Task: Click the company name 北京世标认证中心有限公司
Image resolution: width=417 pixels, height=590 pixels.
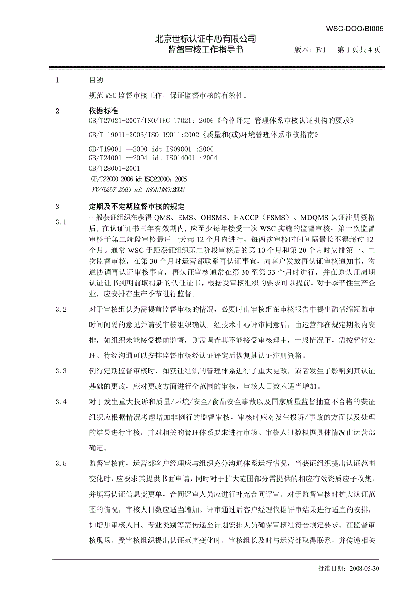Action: (206, 39)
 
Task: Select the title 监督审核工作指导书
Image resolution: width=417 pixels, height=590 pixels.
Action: (206, 50)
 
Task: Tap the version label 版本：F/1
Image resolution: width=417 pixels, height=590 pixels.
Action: (310, 50)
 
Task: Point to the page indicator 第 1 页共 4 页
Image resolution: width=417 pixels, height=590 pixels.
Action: (359, 50)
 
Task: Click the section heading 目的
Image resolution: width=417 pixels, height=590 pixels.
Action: (96, 81)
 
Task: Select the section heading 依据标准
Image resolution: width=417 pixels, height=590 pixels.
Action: (102, 111)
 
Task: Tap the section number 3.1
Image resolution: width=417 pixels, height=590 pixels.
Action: (61, 222)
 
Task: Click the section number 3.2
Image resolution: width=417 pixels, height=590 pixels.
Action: (61, 310)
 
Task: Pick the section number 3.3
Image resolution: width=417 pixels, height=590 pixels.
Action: (61, 371)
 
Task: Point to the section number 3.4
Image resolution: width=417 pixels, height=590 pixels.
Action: (61, 402)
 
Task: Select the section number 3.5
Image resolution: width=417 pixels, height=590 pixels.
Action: (61, 464)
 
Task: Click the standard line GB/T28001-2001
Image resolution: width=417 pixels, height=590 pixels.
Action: (115, 169)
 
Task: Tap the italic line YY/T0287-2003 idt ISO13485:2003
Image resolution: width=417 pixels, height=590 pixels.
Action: (138, 190)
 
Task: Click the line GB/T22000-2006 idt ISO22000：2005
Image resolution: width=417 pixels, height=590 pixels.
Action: (139, 179)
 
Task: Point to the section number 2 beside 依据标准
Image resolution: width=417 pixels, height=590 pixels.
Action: (57, 111)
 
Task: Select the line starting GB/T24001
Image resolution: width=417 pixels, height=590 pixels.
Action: (153, 158)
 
